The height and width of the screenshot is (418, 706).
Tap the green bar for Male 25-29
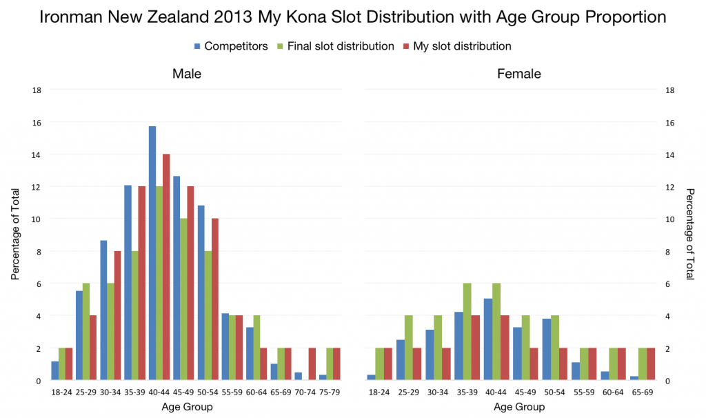[86, 332]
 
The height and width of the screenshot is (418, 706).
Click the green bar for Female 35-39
[467, 332]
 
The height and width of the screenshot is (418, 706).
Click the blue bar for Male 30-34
[103, 310]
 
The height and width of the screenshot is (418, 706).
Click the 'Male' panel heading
[187, 74]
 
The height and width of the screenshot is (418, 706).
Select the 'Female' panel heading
[519, 74]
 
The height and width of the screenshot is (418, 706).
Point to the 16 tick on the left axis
[36, 122]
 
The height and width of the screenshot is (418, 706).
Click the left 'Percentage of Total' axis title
[15, 235]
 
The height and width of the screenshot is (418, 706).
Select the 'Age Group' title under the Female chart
[519, 406]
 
